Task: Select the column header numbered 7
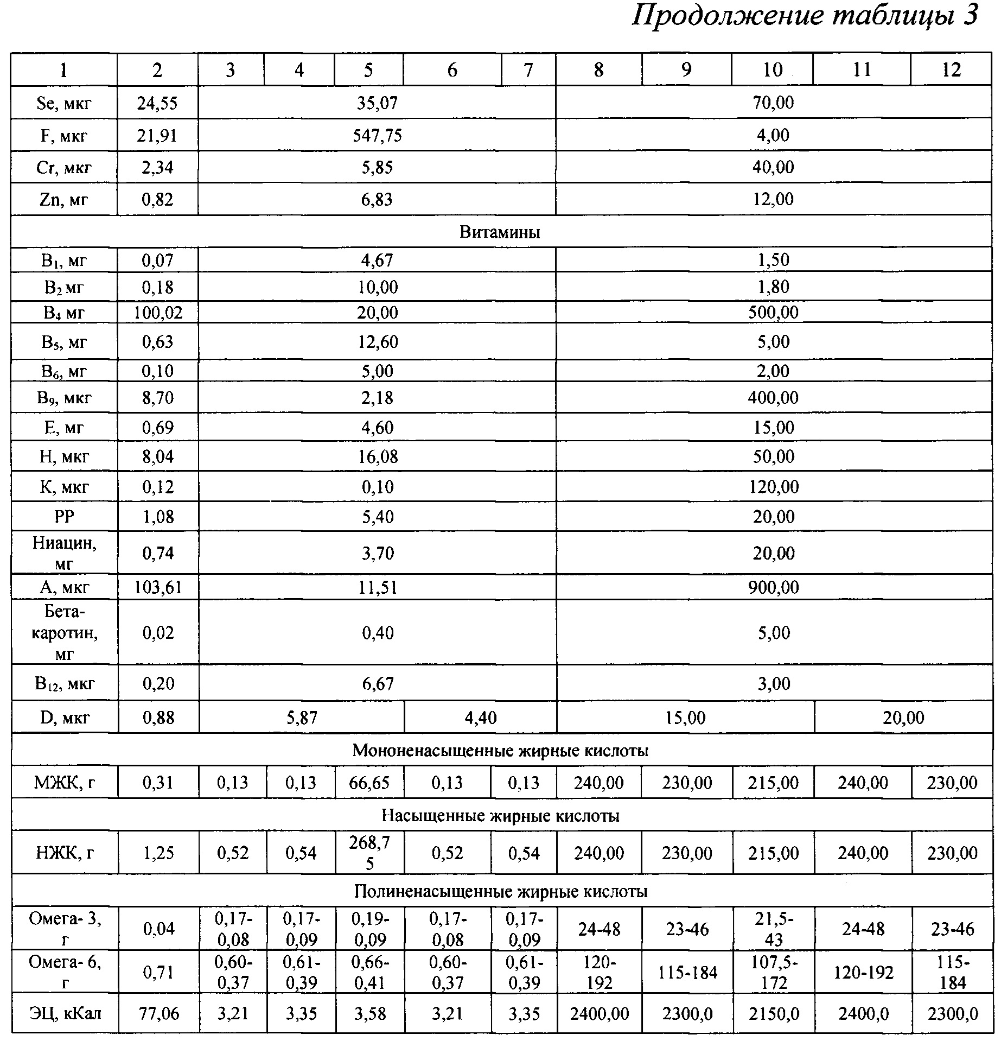(528, 69)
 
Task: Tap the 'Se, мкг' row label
(64, 103)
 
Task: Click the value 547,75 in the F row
(377, 135)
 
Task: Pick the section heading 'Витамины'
(500, 232)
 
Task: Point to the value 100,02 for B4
(158, 313)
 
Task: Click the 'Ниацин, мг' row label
(64, 553)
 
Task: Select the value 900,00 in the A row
(773, 587)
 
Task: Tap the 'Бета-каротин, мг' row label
(64, 633)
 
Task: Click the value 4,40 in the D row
(480, 718)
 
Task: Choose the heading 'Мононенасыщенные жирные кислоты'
(500, 751)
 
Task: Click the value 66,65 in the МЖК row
(369, 783)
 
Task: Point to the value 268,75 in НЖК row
(369, 853)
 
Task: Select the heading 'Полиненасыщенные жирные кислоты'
(500, 892)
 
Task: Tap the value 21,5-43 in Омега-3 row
(773, 929)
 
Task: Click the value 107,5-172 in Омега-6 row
(773, 973)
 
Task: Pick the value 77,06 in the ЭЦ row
(158, 1013)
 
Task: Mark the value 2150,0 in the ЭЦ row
(773, 1013)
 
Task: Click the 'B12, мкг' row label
(64, 683)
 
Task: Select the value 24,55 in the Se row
(157, 103)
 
